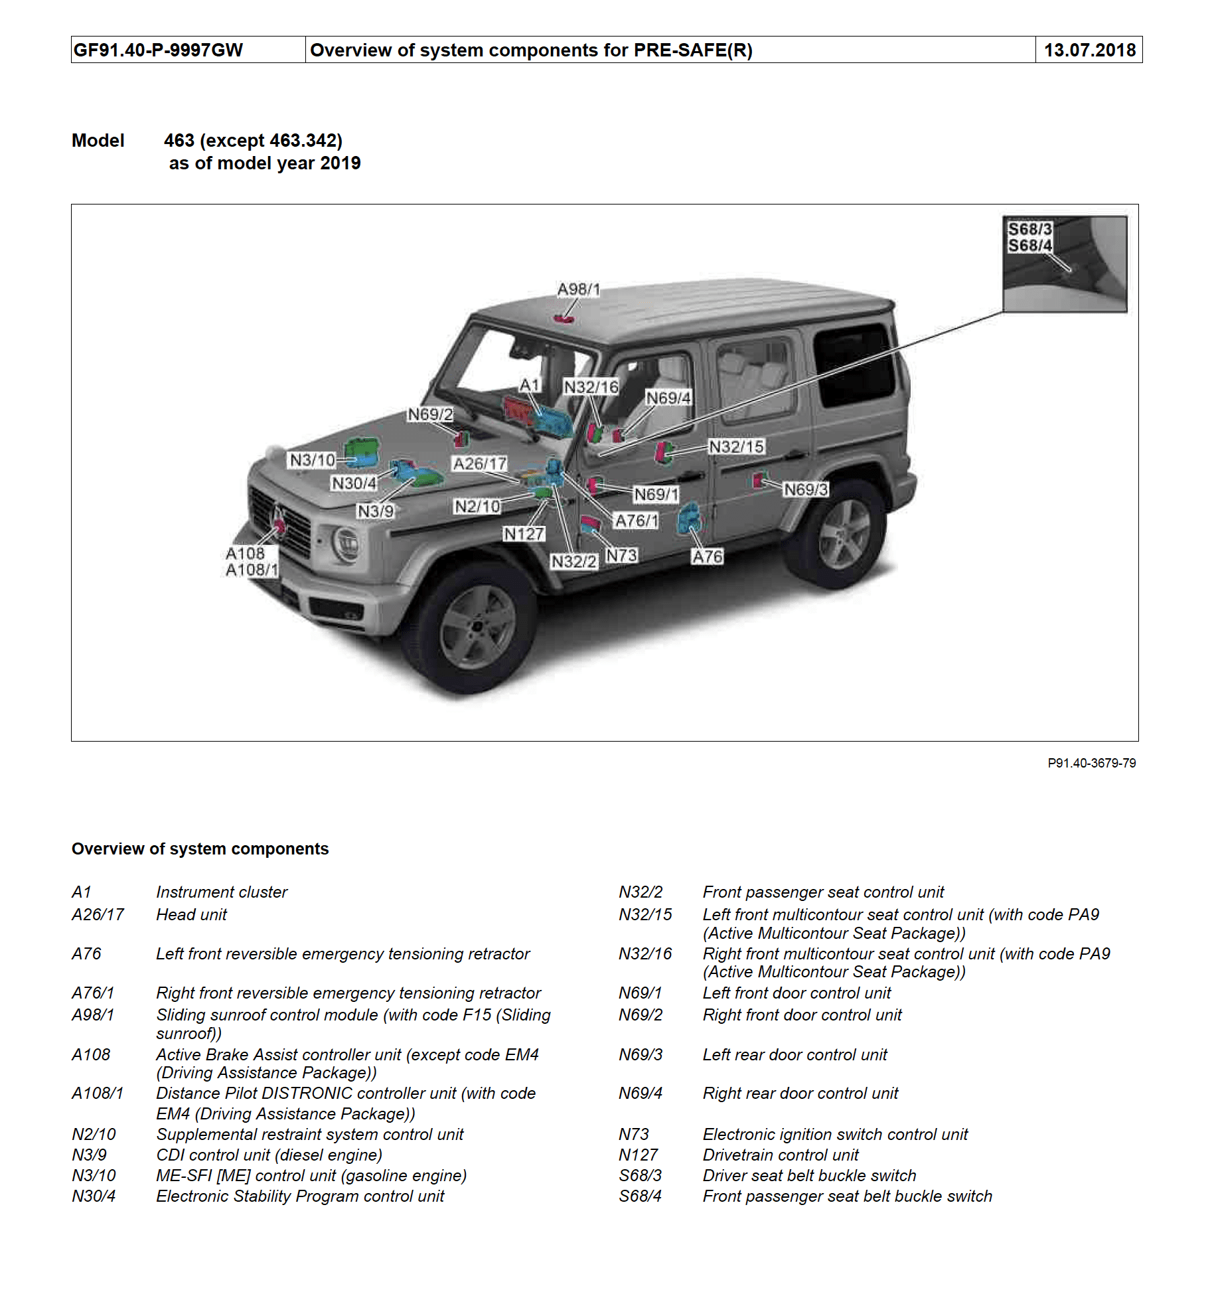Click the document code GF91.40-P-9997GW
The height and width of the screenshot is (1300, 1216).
(158, 50)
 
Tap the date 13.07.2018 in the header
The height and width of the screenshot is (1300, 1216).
(1089, 50)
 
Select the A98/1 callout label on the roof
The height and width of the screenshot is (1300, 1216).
(578, 289)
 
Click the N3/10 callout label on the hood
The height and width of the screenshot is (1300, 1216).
(312, 460)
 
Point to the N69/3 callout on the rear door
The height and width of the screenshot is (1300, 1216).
(806, 490)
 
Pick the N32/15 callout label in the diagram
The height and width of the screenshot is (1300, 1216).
(736, 447)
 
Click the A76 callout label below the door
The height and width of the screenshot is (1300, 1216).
(707, 557)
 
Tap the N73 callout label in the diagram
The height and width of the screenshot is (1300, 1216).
(621, 555)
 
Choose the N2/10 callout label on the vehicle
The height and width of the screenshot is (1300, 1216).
(477, 507)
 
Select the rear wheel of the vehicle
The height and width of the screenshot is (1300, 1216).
(844, 534)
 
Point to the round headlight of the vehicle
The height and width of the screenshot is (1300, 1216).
(346, 544)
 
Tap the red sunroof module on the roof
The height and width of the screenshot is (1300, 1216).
(564, 319)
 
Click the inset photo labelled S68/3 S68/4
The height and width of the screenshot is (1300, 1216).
(1065, 264)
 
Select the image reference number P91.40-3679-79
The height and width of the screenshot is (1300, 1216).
(1091, 764)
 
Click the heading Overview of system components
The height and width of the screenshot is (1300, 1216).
(200, 849)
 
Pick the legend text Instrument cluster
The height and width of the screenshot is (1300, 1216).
(222, 892)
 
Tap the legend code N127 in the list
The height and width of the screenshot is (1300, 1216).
(638, 1155)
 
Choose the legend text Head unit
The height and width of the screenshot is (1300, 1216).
(191, 915)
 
